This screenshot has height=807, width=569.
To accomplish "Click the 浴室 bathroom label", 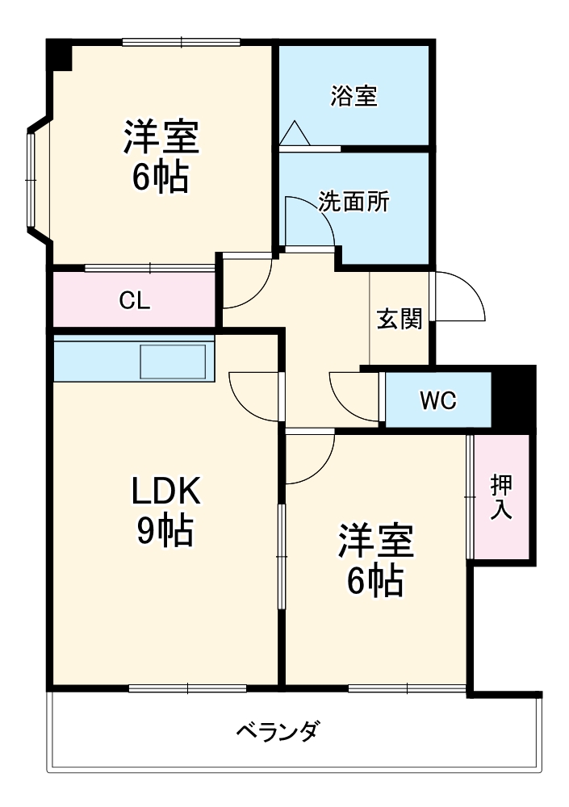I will click(354, 96).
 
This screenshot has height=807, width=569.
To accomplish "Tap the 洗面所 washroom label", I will click(354, 202).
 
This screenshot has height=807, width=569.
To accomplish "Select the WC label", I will click(437, 399).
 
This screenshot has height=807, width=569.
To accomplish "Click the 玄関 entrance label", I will click(400, 320).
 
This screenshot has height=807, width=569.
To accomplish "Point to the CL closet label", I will click(134, 300).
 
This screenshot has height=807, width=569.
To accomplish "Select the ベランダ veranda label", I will click(278, 732).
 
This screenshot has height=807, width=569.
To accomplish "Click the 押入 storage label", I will click(501, 496).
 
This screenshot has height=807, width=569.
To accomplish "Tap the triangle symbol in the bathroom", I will click(293, 133).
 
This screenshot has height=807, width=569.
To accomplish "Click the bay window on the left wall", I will click(32, 178).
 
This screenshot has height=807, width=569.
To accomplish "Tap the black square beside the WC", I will click(513, 397).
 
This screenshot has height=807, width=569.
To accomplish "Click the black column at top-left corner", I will click(58, 54).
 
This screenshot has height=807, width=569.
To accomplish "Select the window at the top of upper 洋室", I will click(181, 42).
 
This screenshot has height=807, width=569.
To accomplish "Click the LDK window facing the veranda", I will click(187, 688).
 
